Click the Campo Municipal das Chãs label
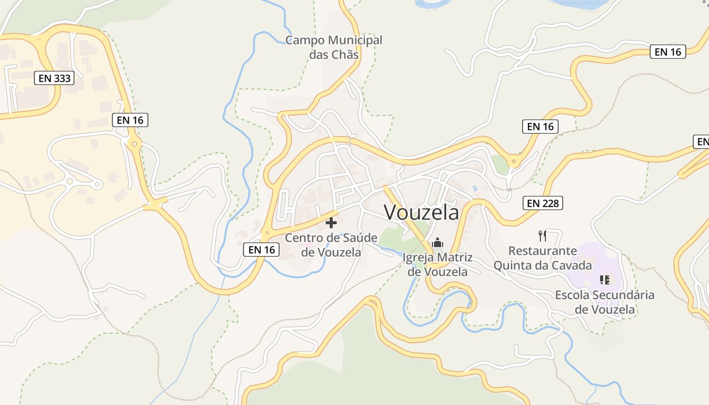(x=334, y=47)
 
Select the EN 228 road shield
(x=543, y=203)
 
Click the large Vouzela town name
(x=421, y=212)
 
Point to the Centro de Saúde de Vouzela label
(x=331, y=245)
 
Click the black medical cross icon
(x=331, y=223)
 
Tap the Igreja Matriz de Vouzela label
(x=438, y=264)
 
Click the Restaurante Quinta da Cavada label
(x=542, y=258)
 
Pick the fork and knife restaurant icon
(x=542, y=235)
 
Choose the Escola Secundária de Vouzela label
(x=605, y=302)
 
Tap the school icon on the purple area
(x=604, y=279)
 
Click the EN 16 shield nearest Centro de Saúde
(x=262, y=250)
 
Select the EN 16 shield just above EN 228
(x=540, y=127)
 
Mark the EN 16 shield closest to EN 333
(x=130, y=120)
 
